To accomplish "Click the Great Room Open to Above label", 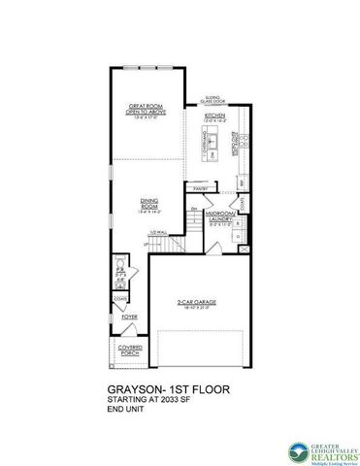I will [145, 109].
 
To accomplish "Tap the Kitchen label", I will [214, 116].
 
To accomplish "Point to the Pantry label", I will [203, 188].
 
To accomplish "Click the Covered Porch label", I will [129, 350].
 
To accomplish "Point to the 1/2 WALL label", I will [153, 234].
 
